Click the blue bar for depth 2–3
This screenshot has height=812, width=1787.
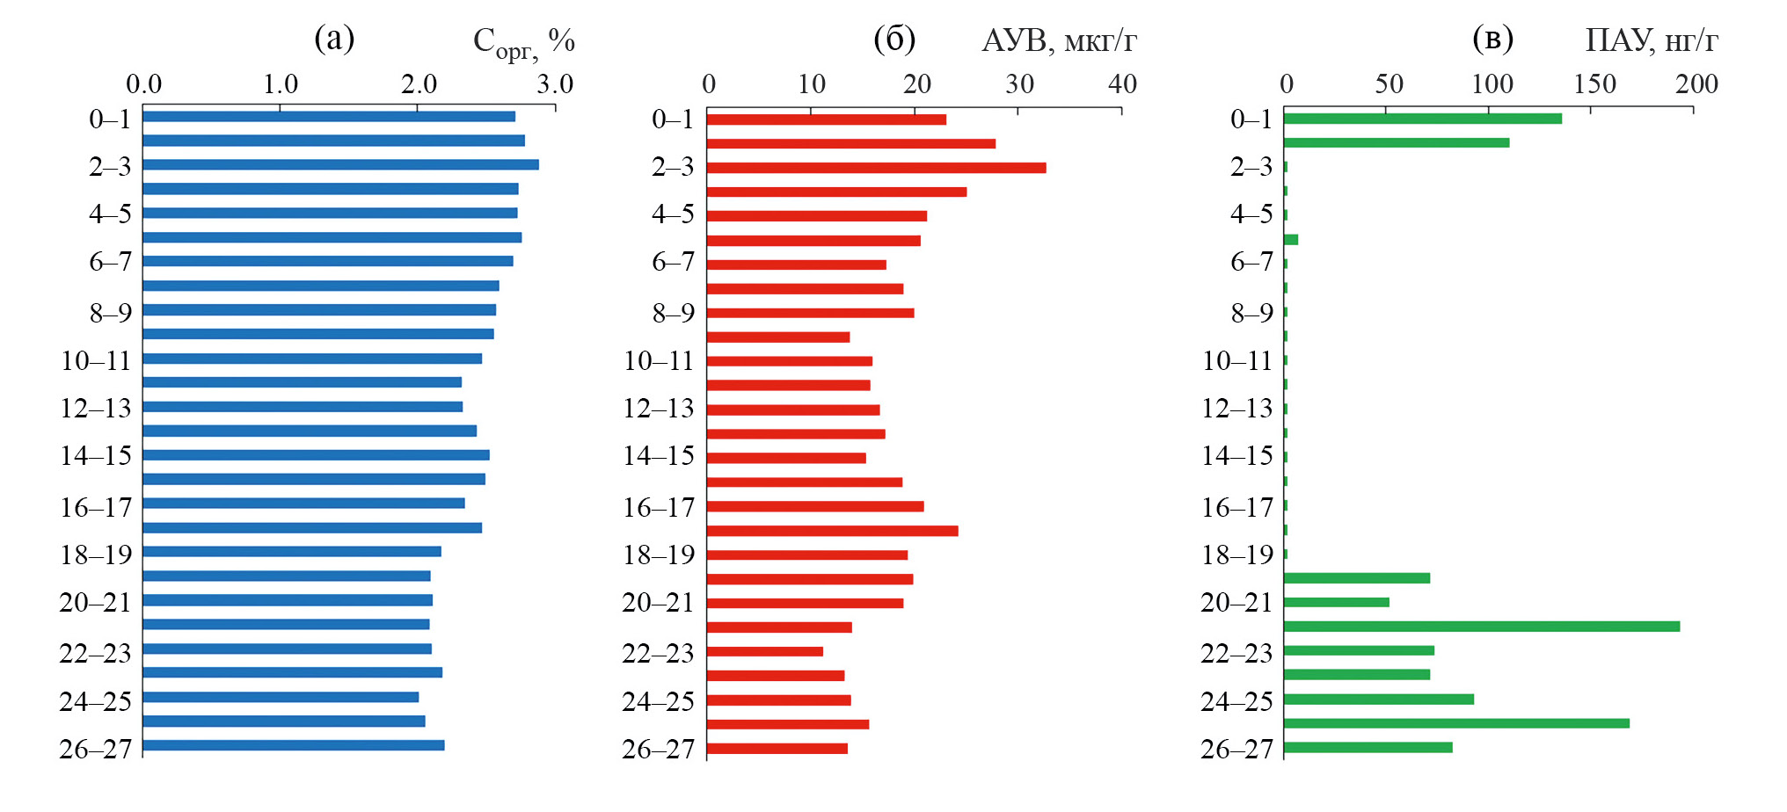tap(340, 164)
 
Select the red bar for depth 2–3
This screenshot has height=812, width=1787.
tap(876, 168)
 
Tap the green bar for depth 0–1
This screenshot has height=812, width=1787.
tap(1422, 119)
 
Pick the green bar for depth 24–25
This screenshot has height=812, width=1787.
tap(1378, 700)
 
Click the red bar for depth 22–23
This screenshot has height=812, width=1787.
tap(764, 651)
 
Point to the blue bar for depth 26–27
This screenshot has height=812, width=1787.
tap(293, 745)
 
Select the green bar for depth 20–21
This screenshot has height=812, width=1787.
tap(1336, 602)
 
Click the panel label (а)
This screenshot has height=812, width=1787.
tap(334, 39)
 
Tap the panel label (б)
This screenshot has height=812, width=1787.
tap(894, 39)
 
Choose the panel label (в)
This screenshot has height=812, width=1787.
tap(1492, 39)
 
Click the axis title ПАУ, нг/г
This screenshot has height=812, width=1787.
tap(1651, 40)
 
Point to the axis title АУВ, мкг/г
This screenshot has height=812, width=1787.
tap(1059, 40)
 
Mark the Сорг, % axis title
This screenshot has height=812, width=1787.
tap(523, 41)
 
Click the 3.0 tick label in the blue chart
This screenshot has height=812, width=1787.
tap(555, 84)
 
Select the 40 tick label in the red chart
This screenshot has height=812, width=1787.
tap(1122, 84)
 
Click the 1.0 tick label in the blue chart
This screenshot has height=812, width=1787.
tap(281, 84)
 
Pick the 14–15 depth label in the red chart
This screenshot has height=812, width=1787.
tap(658, 455)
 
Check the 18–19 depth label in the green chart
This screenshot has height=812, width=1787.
tap(1236, 555)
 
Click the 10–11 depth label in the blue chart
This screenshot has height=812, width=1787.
tap(95, 360)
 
